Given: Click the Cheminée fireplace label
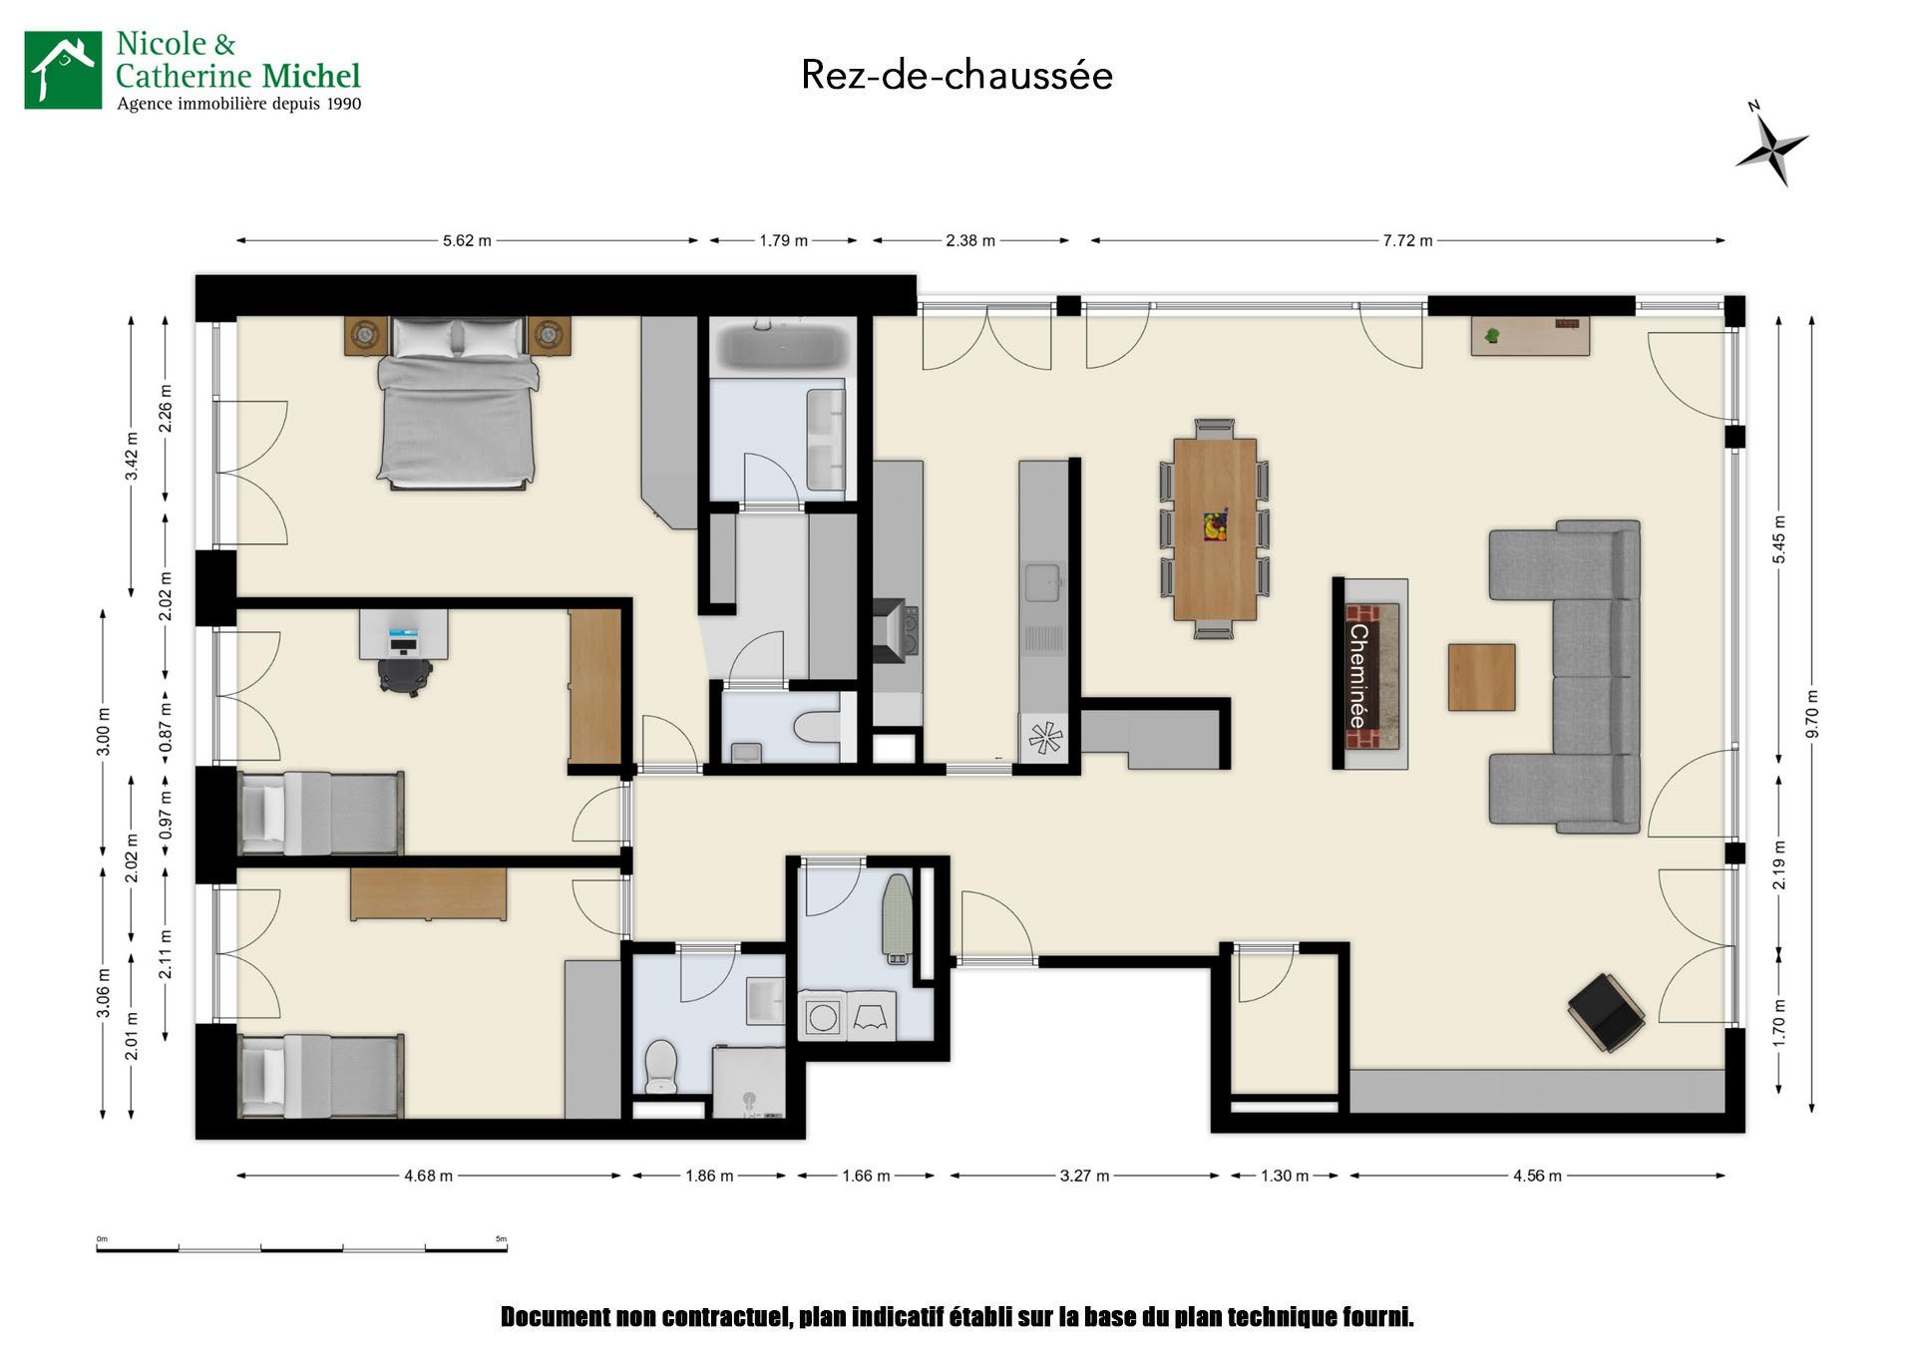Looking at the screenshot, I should (x=1357, y=676).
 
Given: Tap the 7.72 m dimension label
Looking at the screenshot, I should (x=1407, y=240).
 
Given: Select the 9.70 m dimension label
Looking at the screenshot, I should (x=1812, y=715).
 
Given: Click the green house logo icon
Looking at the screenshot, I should (x=63, y=70).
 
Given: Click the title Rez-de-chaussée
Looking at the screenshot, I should (x=957, y=75).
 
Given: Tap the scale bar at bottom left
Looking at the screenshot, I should (x=301, y=1247).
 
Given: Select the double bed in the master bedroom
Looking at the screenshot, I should (x=457, y=403).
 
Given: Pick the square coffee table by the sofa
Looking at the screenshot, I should (x=1481, y=677).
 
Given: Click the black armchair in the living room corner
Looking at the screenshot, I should (x=1605, y=1012).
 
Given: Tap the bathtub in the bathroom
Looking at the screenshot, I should (x=783, y=346).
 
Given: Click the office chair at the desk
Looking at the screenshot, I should (x=405, y=675).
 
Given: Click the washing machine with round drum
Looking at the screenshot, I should (x=823, y=1018).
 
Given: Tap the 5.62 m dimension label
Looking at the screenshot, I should (x=467, y=240).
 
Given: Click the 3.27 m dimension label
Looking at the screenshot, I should (x=1084, y=1176).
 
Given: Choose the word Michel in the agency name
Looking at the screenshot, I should (x=311, y=76).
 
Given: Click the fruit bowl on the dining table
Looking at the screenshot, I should (x=1215, y=525).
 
